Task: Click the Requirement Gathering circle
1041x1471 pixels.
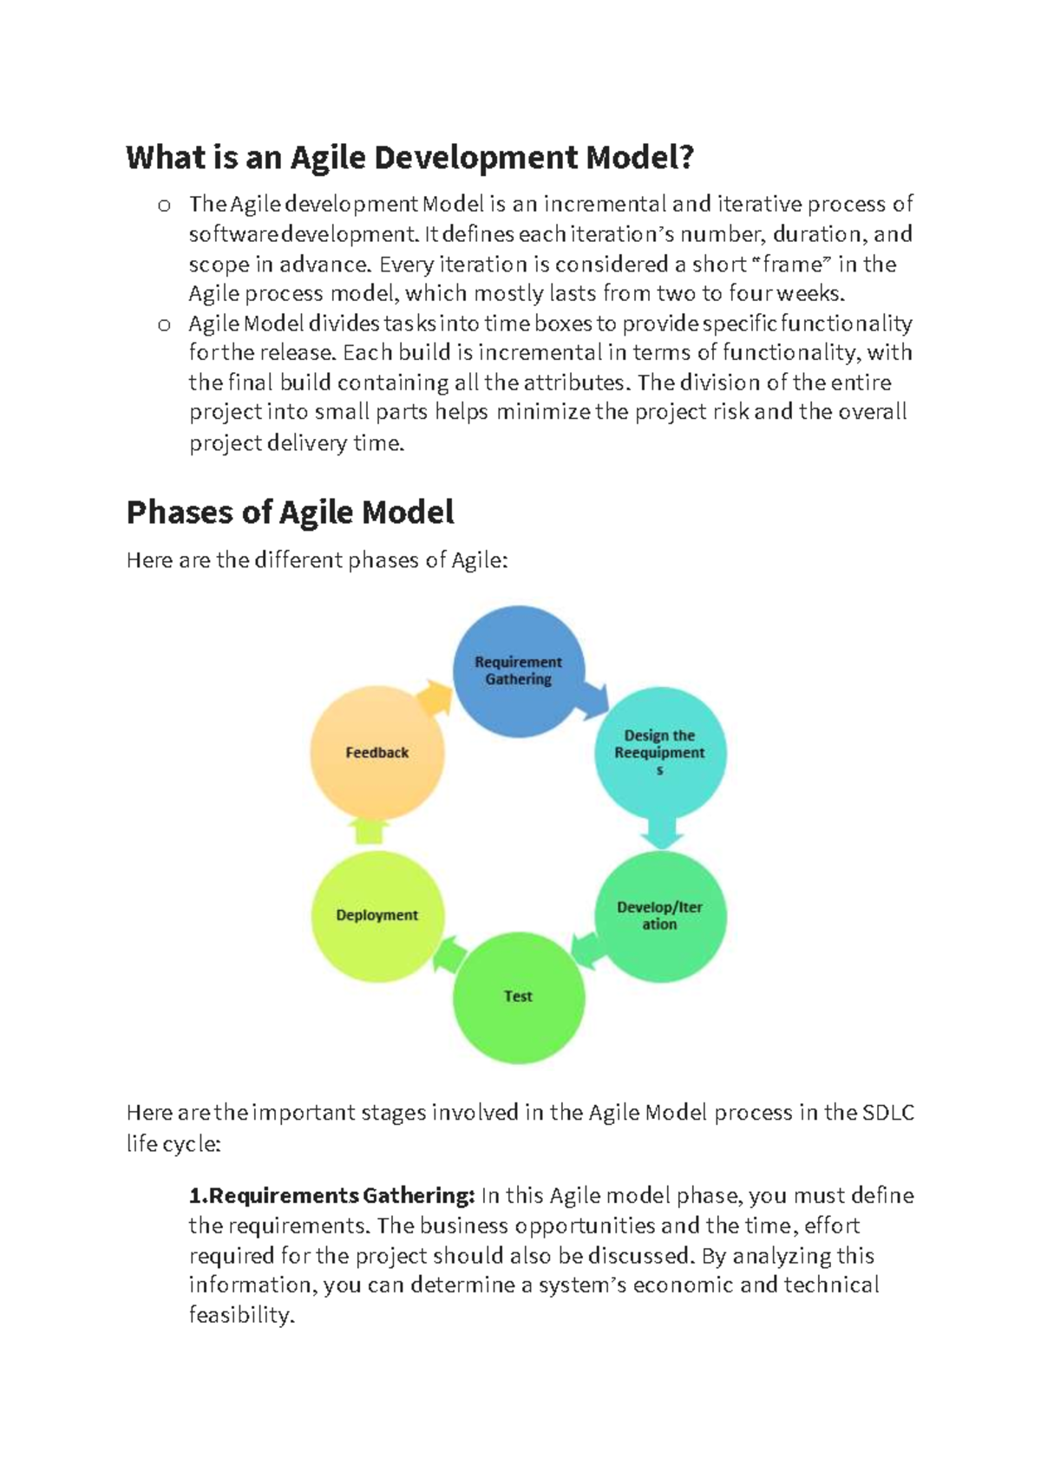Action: (x=519, y=671)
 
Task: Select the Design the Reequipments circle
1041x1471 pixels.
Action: (x=660, y=752)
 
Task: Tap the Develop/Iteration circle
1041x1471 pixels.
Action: (x=660, y=916)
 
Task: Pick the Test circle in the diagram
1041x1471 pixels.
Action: (x=519, y=997)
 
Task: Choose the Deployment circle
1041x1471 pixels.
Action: (x=377, y=916)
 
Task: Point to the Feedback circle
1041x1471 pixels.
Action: (x=377, y=752)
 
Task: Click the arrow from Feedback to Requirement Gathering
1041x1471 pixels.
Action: (x=434, y=697)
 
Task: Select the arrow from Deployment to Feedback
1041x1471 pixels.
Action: (x=370, y=832)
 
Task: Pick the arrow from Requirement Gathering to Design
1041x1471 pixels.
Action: (x=594, y=699)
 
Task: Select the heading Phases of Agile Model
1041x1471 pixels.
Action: (x=290, y=513)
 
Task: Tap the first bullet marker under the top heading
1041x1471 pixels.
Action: (x=164, y=206)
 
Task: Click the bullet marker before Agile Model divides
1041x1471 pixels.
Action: (x=164, y=325)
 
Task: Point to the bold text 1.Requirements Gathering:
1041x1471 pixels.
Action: (x=331, y=1196)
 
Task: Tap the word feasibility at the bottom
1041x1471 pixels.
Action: (x=242, y=1315)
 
